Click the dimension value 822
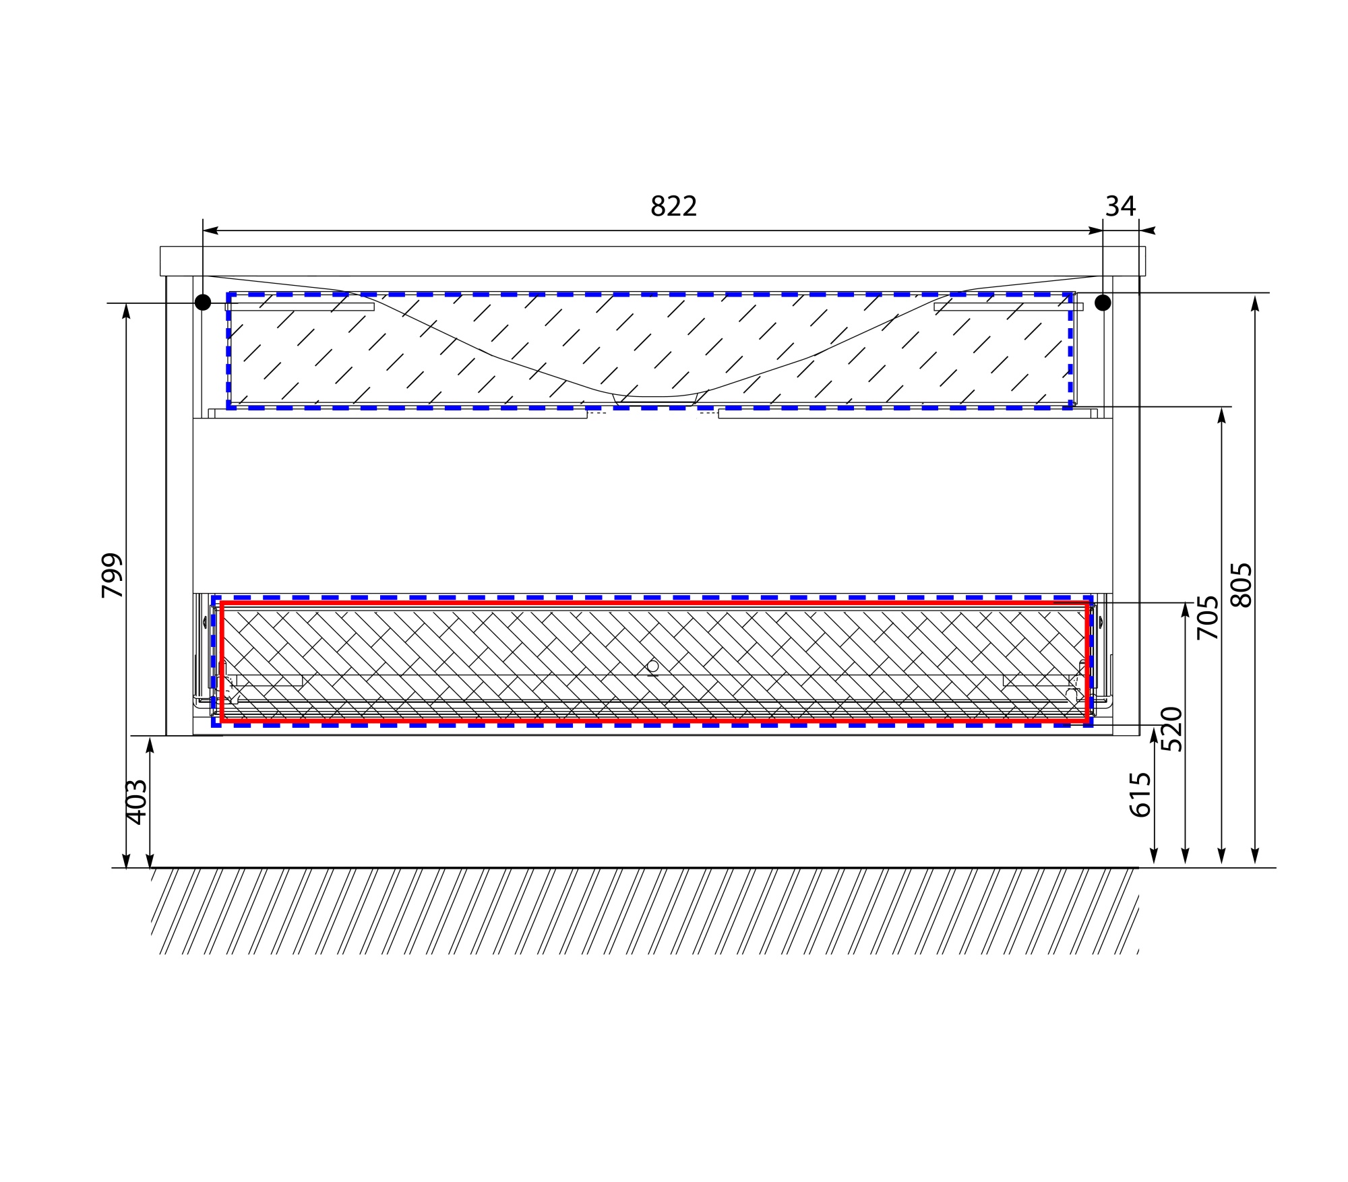coord(673,206)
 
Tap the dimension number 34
coord(1121,206)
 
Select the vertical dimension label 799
coord(113,576)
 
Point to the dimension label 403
coord(137,802)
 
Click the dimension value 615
coord(1140,795)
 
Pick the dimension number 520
coord(1172,729)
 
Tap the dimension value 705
coord(1207,617)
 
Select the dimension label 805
coord(1241,585)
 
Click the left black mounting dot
coord(203,303)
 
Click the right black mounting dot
coord(1103,303)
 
